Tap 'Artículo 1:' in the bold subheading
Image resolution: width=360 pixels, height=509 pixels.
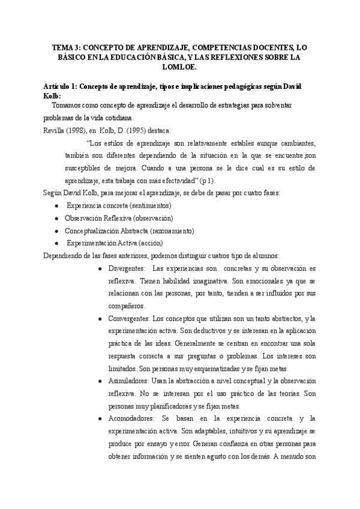[x=56, y=87]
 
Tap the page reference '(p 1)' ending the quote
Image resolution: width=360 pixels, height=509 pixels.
[x=211, y=180]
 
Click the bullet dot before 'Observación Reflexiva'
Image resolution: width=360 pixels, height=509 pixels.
[x=56, y=218]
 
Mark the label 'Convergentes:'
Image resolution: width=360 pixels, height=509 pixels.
[x=130, y=318]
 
